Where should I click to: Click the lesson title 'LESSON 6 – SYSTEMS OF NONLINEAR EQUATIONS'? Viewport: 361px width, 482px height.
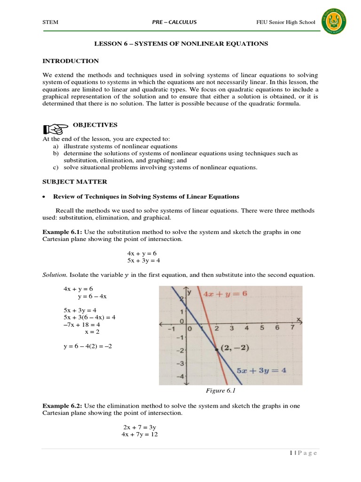point(181,44)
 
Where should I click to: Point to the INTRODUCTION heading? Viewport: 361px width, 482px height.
point(71,61)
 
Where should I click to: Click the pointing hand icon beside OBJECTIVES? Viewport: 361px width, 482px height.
point(52,129)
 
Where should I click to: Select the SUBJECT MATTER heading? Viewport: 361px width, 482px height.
point(75,182)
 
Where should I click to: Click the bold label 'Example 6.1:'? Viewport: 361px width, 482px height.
point(59,232)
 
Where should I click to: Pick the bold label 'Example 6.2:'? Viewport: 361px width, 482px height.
point(59,406)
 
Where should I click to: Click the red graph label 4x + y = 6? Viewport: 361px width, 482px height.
point(225,294)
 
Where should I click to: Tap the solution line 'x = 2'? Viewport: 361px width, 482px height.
point(92,332)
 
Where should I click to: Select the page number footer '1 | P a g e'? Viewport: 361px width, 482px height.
point(303,453)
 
